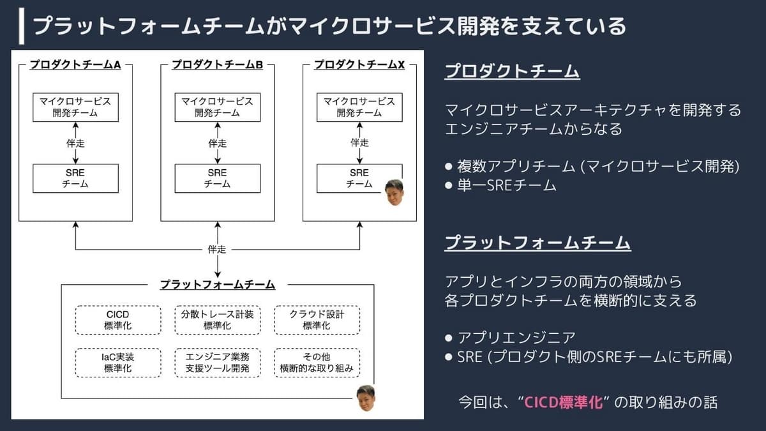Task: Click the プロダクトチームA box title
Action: click(x=75, y=64)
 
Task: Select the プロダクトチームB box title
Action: click(x=217, y=64)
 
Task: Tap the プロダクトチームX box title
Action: click(x=359, y=64)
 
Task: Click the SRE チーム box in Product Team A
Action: click(x=75, y=179)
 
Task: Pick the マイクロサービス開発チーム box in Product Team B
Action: click(x=218, y=107)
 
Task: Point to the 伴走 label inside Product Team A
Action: click(x=75, y=143)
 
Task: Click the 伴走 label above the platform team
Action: click(x=217, y=250)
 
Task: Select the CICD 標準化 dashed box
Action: click(x=118, y=320)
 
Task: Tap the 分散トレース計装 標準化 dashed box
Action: click(x=218, y=320)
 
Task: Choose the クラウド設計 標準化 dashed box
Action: click(x=317, y=320)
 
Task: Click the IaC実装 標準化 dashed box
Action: click(x=118, y=363)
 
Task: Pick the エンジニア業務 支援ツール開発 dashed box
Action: click(x=218, y=363)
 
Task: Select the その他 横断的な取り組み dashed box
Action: click(x=317, y=363)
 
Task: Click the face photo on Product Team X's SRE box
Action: click(x=394, y=192)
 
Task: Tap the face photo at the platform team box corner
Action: click(x=366, y=398)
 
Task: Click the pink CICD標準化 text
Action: click(x=563, y=402)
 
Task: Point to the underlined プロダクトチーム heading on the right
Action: click(x=512, y=71)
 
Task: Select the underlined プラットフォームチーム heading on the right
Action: click(x=537, y=243)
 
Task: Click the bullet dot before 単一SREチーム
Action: click(x=449, y=186)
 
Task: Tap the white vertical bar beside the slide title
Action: click(x=22, y=26)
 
